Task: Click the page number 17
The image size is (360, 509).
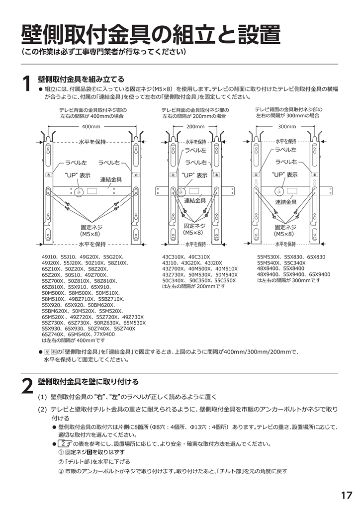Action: [x=346, y=495]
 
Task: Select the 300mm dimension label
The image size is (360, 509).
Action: [x=286, y=126]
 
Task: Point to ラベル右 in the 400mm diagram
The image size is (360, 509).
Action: [x=109, y=163]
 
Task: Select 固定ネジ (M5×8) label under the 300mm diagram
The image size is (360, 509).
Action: [x=286, y=230]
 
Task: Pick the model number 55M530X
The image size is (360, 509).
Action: [x=269, y=257]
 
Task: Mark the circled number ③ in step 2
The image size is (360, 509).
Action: [x=61, y=471]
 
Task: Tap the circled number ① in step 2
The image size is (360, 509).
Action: [x=61, y=452]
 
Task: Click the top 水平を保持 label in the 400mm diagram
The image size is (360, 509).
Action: [x=92, y=142]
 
